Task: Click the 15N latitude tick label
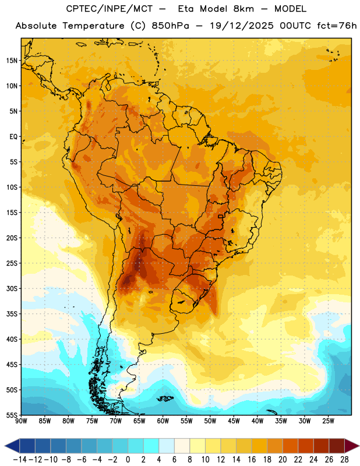[x=12, y=61]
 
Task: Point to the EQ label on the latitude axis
[x=13, y=137]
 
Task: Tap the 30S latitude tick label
[x=12, y=288]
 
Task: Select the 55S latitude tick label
[x=12, y=415]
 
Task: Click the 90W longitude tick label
[x=22, y=421]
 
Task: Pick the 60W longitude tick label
[x=163, y=421]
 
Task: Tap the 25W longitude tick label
[x=328, y=421]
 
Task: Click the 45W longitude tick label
[x=234, y=421]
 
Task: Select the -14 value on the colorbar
[x=20, y=460]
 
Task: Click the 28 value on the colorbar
[x=344, y=460]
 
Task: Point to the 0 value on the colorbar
[x=128, y=460]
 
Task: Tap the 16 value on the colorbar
[x=252, y=460]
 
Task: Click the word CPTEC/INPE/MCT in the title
[x=110, y=9]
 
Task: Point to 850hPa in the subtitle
[x=170, y=26]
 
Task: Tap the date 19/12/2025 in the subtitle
[x=242, y=26]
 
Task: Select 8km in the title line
[x=243, y=9]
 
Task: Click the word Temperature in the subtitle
[x=93, y=26]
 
